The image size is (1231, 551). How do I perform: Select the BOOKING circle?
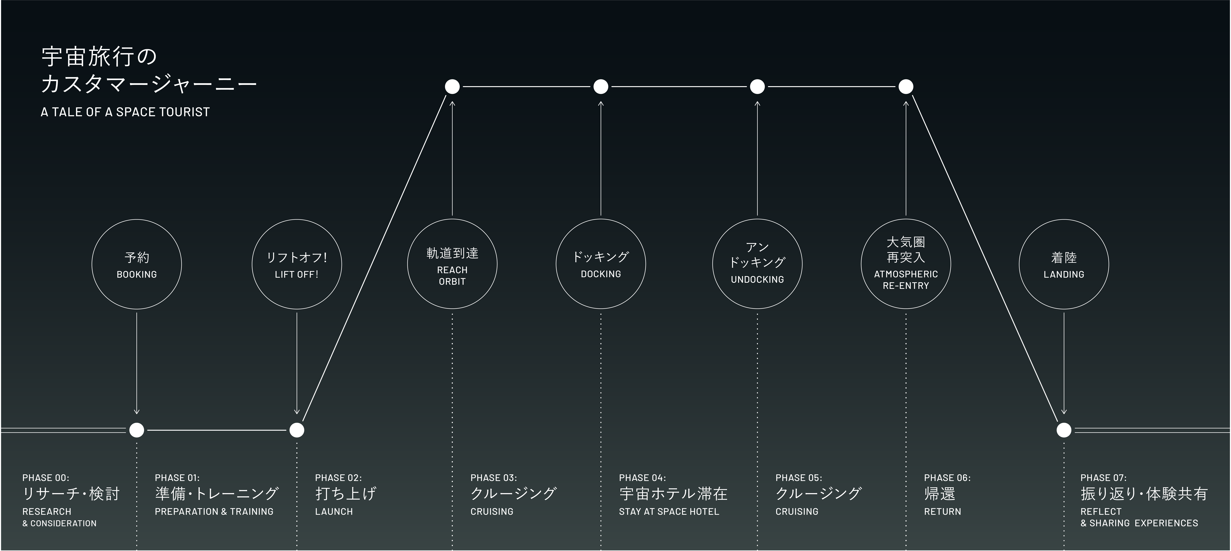(x=137, y=264)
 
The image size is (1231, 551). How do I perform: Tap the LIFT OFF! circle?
(x=297, y=264)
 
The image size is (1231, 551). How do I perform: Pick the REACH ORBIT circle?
(x=452, y=264)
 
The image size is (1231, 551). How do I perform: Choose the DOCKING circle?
(x=601, y=264)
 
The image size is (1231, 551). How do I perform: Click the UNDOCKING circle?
(x=757, y=264)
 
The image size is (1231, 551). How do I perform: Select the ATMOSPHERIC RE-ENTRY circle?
(x=906, y=264)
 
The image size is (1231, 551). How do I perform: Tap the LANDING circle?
(x=1064, y=264)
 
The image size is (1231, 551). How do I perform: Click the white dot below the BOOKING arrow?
(x=137, y=430)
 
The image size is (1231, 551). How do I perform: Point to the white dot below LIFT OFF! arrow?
(x=297, y=430)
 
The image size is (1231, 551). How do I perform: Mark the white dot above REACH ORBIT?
(x=452, y=86)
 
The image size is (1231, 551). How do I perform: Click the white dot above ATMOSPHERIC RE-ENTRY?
(x=906, y=86)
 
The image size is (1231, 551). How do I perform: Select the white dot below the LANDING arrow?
(x=1064, y=430)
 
